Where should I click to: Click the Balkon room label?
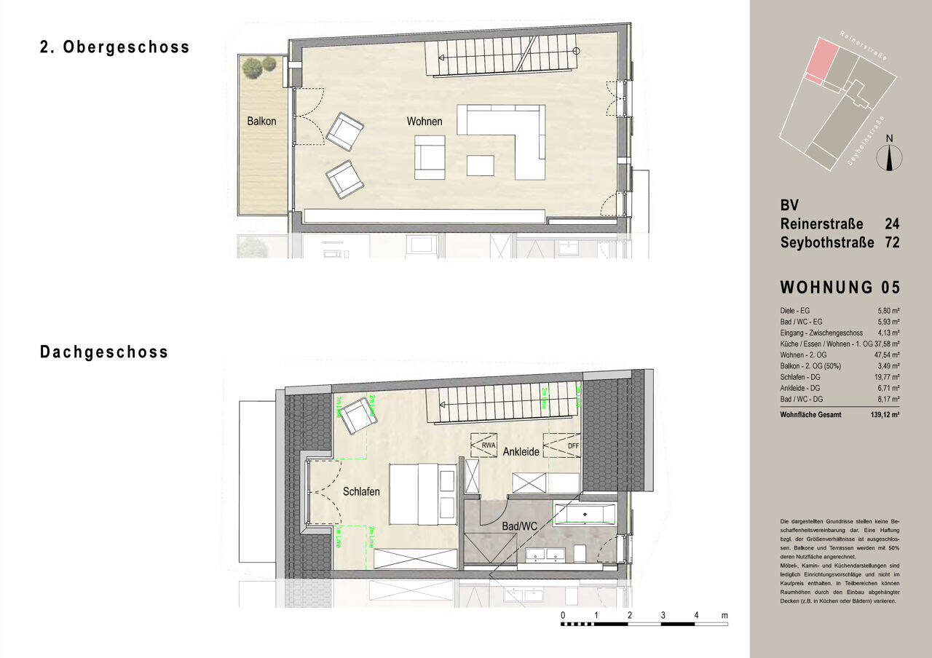261,122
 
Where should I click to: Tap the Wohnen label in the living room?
424,122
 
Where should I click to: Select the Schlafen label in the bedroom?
361,492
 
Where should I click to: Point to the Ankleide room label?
521,452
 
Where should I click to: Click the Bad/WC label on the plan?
519,525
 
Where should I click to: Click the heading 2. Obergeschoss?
114,47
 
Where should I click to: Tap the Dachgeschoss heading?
104,352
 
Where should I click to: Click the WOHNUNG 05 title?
840,288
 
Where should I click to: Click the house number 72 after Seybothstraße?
891,242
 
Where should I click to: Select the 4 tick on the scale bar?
696,616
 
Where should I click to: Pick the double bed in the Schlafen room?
422,493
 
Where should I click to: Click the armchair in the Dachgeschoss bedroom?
358,414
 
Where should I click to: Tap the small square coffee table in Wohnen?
480,165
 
